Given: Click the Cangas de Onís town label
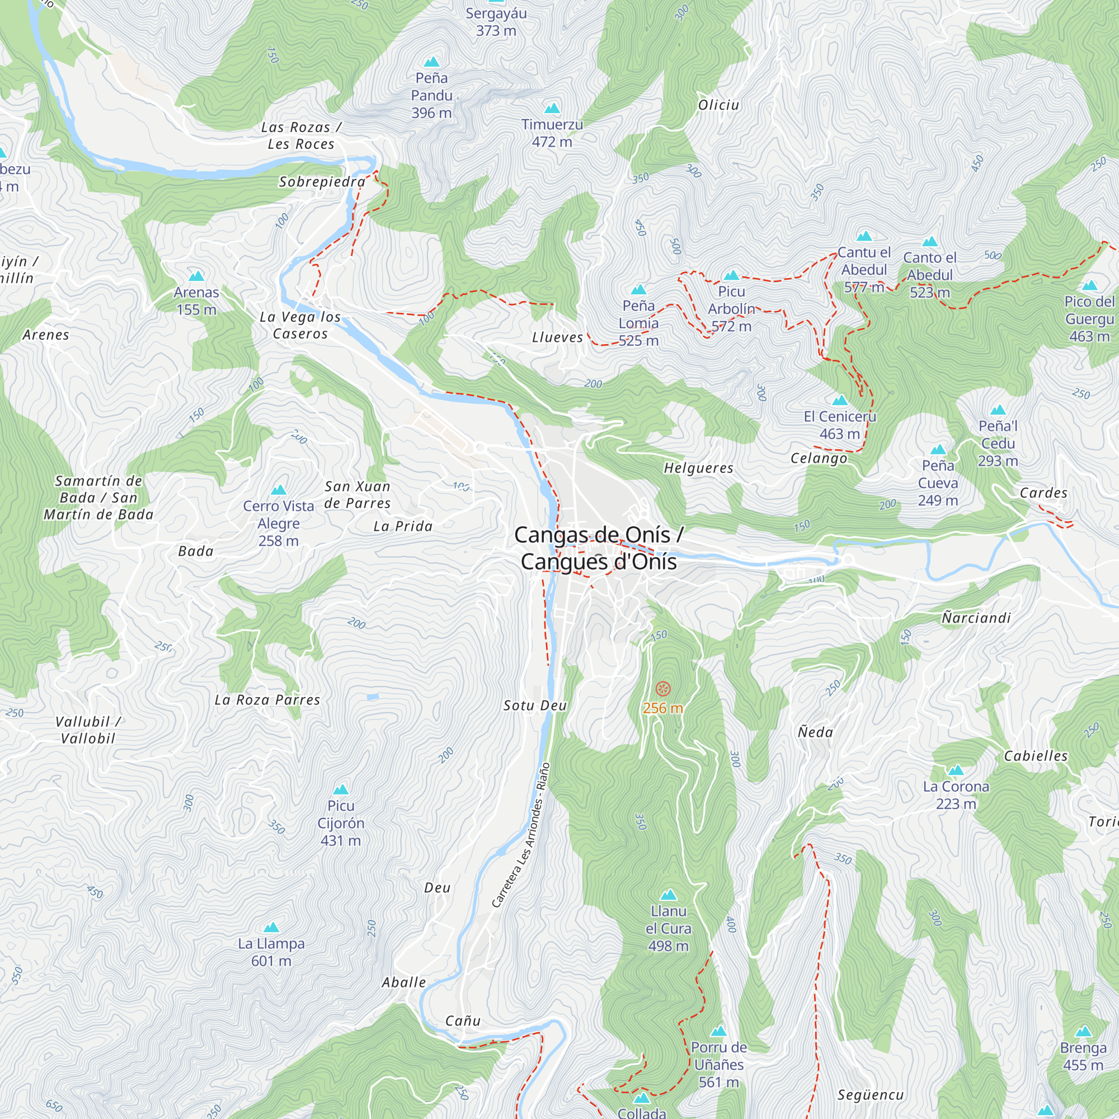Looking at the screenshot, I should click(x=598, y=548).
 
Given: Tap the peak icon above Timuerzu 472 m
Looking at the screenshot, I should click(x=552, y=109).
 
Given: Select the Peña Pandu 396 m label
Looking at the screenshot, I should click(x=431, y=96).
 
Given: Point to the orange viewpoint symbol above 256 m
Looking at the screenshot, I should click(x=662, y=689).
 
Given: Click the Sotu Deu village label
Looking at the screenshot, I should click(x=534, y=706).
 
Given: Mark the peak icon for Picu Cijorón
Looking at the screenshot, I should click(x=341, y=789).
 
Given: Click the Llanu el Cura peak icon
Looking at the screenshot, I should click(x=669, y=895).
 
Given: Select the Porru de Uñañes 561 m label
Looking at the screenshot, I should click(x=718, y=1064).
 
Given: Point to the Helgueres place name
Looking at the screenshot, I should click(x=698, y=468).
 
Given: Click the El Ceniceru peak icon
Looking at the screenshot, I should click(x=839, y=400).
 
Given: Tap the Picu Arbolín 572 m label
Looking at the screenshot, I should click(x=731, y=309).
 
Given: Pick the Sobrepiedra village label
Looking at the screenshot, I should click(x=322, y=182).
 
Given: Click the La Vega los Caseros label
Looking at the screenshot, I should click(x=300, y=325).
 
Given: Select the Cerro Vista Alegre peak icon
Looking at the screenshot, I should click(x=279, y=490).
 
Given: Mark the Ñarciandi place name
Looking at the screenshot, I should click(x=976, y=618).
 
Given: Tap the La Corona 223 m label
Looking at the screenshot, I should click(x=956, y=794).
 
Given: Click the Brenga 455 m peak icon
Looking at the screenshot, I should click(x=1083, y=1032).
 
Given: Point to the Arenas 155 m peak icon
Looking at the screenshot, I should click(x=196, y=276).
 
